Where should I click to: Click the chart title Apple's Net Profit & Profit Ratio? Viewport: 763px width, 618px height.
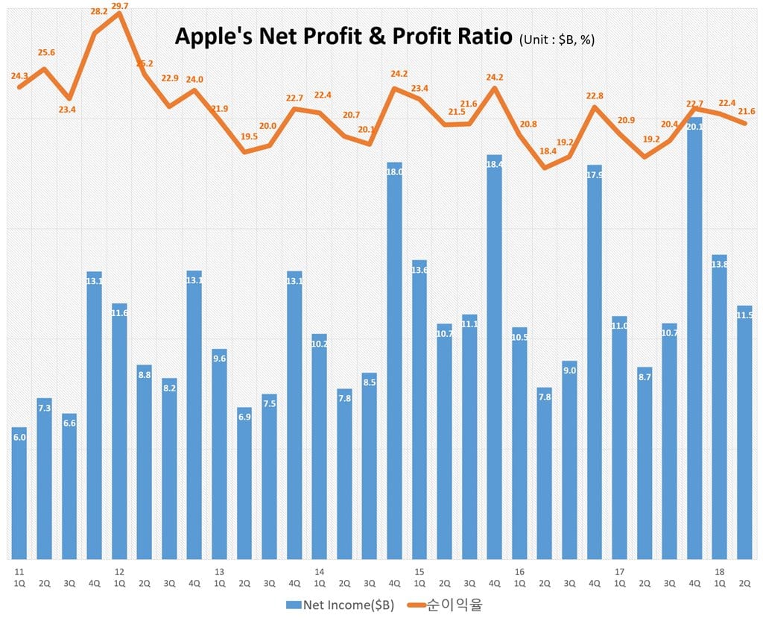pos(343,37)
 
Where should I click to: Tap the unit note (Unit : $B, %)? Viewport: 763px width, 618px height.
pos(557,40)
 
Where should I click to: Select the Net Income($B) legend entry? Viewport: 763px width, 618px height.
pos(339,603)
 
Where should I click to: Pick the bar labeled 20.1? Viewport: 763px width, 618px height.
pos(694,335)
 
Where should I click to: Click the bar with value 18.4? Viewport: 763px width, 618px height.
pos(494,358)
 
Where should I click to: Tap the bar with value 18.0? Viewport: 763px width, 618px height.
pos(394,358)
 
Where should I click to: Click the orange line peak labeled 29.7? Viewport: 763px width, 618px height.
pos(119,13)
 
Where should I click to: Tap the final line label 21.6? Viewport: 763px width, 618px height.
pos(746,111)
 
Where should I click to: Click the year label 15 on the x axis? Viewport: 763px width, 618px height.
pos(420,572)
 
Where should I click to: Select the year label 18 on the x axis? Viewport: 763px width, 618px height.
pos(719,572)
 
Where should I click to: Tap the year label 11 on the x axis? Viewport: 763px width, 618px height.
pos(19,572)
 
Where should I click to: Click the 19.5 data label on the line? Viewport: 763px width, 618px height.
pos(249,136)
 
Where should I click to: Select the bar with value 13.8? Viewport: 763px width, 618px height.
pos(719,406)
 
